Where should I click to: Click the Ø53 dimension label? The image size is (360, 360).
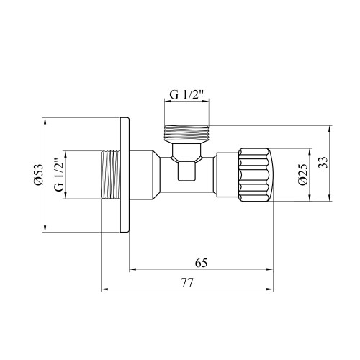[38, 174]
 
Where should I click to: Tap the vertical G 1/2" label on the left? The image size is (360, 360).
[59, 174]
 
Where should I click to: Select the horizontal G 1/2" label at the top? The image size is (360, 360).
[186, 95]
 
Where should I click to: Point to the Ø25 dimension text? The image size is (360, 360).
[302, 174]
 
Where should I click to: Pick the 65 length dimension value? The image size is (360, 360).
[201, 263]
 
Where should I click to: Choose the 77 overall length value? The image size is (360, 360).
[186, 283]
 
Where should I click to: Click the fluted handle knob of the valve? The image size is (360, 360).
[256, 175]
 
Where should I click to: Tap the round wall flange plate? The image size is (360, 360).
[125, 175]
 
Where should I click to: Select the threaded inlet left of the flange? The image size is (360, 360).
[110, 175]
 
